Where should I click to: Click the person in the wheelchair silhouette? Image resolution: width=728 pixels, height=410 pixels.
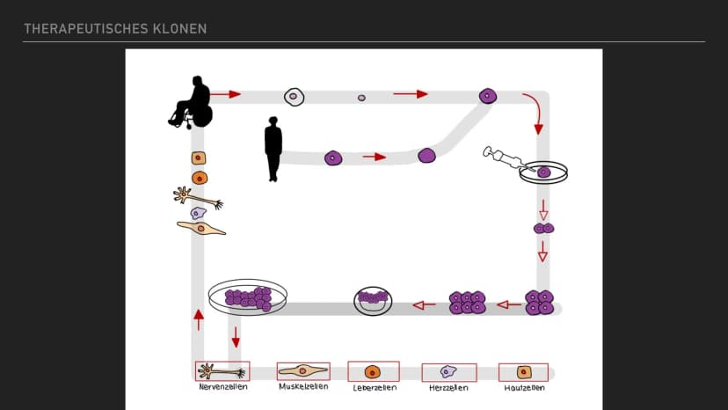pyautogui.click(x=192, y=102)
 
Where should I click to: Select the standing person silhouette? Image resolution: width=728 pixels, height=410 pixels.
pyautogui.click(x=273, y=149)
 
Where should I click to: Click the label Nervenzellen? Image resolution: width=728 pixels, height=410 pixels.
pyautogui.click(x=223, y=386)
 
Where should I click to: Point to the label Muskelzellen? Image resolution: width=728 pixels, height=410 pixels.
pyautogui.click(x=303, y=386)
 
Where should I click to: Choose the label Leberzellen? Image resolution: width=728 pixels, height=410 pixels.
pyautogui.click(x=375, y=388)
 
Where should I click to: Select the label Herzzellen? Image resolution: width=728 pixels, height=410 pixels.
pyautogui.click(x=448, y=388)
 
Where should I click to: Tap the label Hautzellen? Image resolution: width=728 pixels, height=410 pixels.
pyautogui.click(x=524, y=388)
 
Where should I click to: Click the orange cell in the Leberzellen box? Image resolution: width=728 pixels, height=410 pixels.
pyautogui.click(x=373, y=372)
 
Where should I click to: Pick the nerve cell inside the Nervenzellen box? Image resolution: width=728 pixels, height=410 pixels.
pyautogui.click(x=222, y=371)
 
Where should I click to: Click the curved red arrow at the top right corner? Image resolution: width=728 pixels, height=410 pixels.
pyautogui.click(x=535, y=112)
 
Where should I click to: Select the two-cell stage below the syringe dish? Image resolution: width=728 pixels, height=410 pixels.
pyautogui.click(x=543, y=228)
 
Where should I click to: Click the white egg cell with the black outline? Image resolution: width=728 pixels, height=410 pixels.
pyautogui.click(x=294, y=97)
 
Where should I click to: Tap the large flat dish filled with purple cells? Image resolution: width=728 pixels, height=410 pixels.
pyautogui.click(x=247, y=297)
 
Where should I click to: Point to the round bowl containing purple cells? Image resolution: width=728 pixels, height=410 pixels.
pyautogui.click(x=373, y=301)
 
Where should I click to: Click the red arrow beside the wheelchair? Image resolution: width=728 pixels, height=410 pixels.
pyautogui.click(x=226, y=94)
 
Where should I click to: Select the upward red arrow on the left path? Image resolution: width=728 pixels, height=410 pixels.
pyautogui.click(x=199, y=320)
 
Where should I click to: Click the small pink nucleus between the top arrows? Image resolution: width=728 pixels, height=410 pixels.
pyautogui.click(x=361, y=98)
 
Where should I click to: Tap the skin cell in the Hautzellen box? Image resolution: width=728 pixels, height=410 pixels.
pyautogui.click(x=524, y=372)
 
